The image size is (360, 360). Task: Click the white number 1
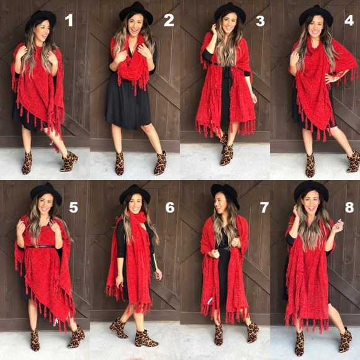point(69,20)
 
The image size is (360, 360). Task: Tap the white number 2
point(169,20)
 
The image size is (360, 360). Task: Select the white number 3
point(260,21)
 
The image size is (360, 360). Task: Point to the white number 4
point(349,20)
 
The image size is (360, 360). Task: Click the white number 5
point(73,207)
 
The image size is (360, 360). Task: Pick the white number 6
point(170,207)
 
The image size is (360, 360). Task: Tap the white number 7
point(264,207)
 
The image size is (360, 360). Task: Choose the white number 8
point(349,207)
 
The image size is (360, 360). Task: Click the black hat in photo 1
point(40,19)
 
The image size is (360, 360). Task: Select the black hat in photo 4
point(317,15)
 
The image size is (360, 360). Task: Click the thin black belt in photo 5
point(40,246)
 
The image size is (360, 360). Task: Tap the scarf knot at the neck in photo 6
point(139,218)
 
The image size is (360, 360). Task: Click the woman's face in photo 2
point(135,25)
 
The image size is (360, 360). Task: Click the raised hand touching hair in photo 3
point(214,29)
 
